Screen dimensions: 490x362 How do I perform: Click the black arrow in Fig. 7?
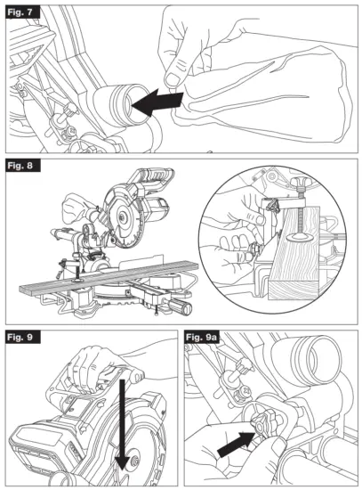158,100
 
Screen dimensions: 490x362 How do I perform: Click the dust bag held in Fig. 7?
267,89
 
